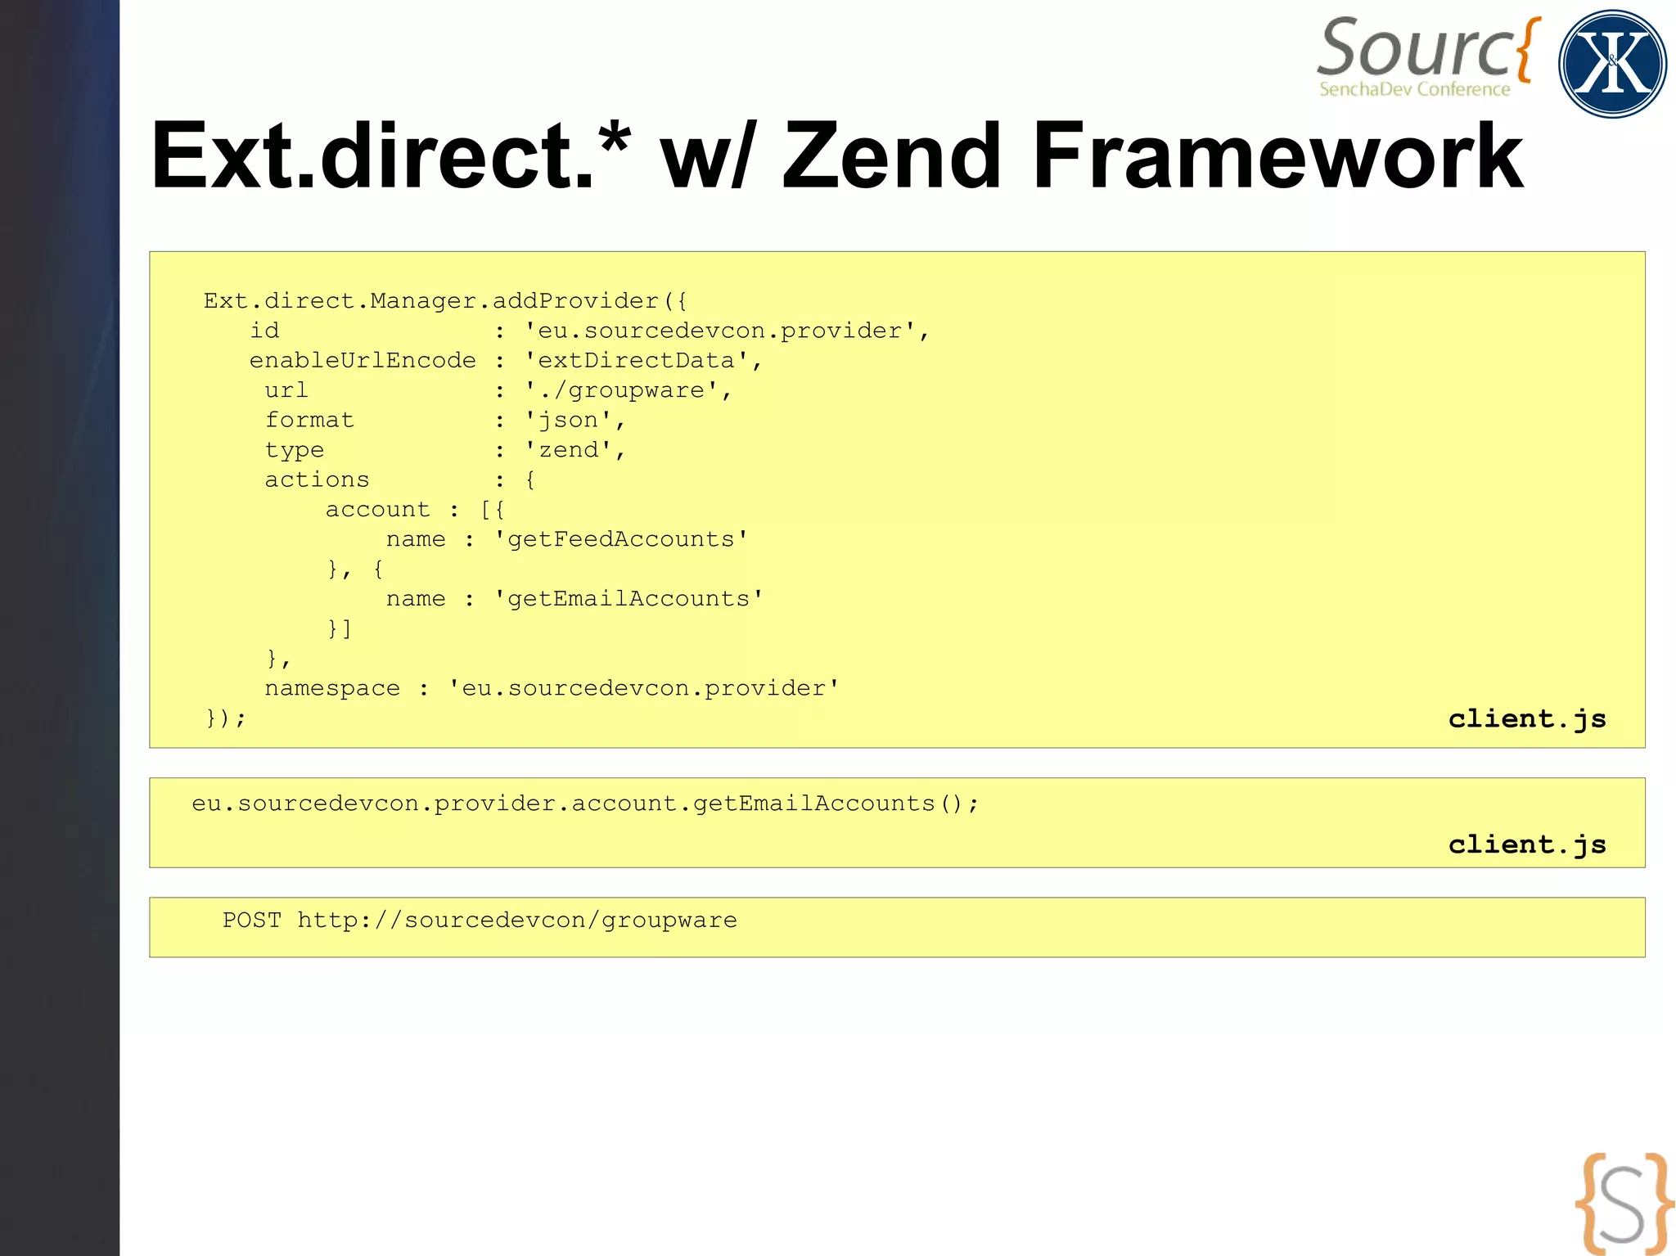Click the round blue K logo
click(1612, 64)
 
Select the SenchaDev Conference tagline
click(1414, 89)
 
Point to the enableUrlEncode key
click(362, 361)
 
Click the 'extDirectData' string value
click(636, 361)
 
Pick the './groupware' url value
click(622, 390)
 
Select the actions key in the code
click(317, 479)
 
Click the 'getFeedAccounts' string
click(621, 539)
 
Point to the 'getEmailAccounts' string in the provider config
click(628, 599)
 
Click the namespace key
click(332, 688)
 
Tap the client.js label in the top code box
click(1527, 718)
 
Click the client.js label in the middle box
click(1527, 844)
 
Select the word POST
click(252, 921)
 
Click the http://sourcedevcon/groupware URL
click(517, 921)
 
